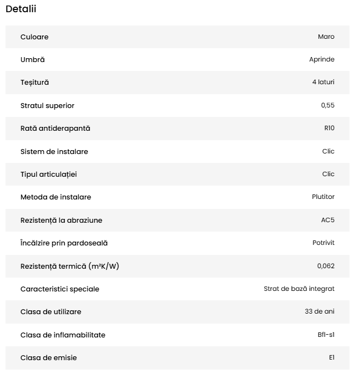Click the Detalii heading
click(x=21, y=9)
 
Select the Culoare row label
click(x=34, y=37)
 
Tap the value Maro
click(x=326, y=37)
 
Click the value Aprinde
click(x=322, y=60)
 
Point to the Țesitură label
click(x=34, y=83)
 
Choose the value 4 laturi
click(x=323, y=83)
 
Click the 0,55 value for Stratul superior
click(x=328, y=105)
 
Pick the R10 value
click(x=330, y=129)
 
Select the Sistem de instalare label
click(x=54, y=151)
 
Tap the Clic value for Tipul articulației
click(x=328, y=174)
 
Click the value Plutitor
click(x=323, y=197)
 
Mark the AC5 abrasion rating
click(x=328, y=220)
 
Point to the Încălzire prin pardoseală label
click(x=64, y=243)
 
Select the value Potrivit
click(x=323, y=243)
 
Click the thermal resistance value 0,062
click(x=326, y=266)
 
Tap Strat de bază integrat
click(x=299, y=289)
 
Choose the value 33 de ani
click(x=320, y=311)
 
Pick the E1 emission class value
click(x=332, y=357)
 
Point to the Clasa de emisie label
click(x=49, y=357)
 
